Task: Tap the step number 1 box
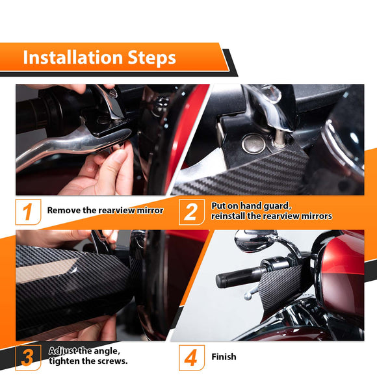tap(27, 211)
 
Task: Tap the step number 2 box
tap(190, 211)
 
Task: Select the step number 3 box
tap(27, 357)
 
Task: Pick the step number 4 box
tap(190, 357)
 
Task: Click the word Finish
tap(224, 357)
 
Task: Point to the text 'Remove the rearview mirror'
tap(105, 211)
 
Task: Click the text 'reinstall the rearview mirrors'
tap(271, 216)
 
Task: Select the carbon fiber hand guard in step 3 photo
tap(71, 286)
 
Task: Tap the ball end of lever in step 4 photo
tap(248, 297)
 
